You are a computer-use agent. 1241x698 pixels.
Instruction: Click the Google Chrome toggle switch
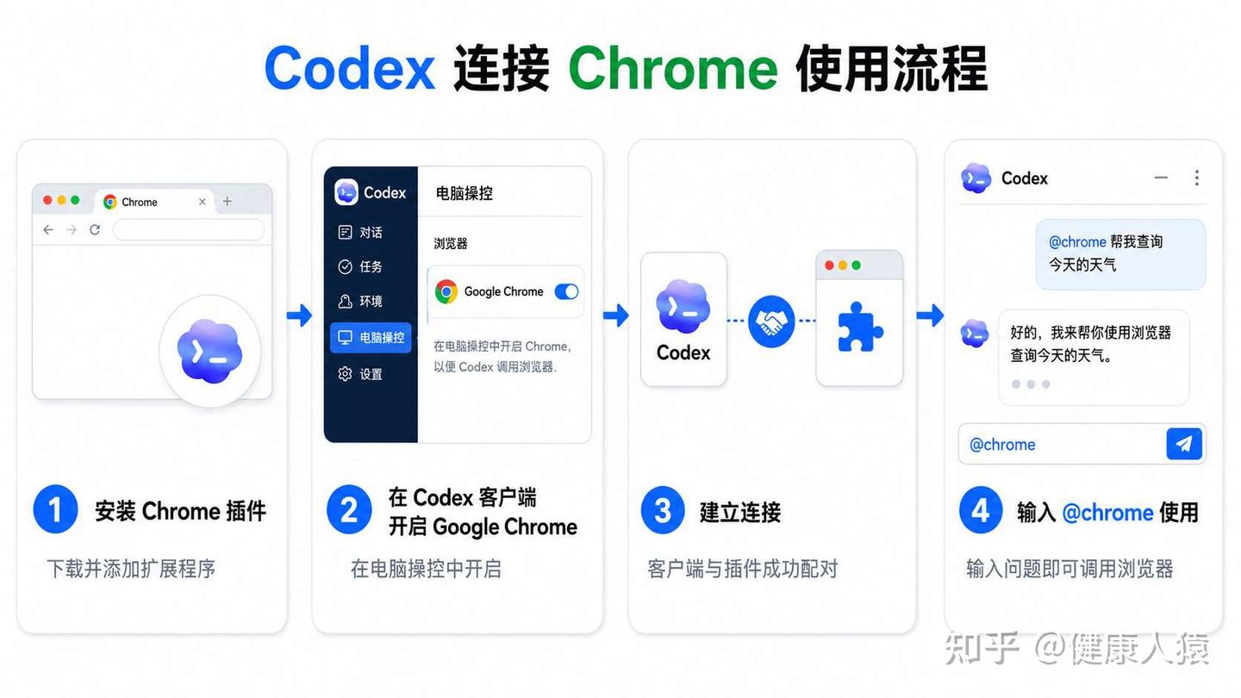(x=566, y=291)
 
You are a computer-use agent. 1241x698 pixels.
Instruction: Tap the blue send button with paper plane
(x=1184, y=444)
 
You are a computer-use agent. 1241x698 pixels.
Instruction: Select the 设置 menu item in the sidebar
(x=360, y=374)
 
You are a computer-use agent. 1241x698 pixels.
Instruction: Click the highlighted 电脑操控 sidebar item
(x=371, y=338)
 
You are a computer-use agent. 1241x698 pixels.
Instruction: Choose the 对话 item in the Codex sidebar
(x=360, y=232)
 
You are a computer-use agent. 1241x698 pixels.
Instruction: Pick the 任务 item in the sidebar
(x=360, y=266)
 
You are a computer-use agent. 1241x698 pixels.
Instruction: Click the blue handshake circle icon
(x=771, y=321)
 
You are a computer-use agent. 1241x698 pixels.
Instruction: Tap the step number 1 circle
(x=55, y=509)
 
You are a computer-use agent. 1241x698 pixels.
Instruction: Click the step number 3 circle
(x=663, y=510)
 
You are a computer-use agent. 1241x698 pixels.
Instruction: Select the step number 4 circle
(x=981, y=510)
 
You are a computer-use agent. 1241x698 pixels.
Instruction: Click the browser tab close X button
(x=203, y=202)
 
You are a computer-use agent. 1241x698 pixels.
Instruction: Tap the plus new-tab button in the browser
(x=228, y=201)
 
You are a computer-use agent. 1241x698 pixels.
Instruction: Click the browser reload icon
(x=95, y=229)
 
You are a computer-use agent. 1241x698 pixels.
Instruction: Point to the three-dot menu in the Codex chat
(x=1197, y=178)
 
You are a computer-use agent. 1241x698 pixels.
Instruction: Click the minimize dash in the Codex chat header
(x=1161, y=178)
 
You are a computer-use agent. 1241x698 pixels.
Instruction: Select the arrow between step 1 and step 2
(x=299, y=315)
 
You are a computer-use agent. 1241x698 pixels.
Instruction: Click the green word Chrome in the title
(x=673, y=69)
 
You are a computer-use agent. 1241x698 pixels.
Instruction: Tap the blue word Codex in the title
(x=350, y=69)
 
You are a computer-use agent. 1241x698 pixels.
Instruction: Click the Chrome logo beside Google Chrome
(x=446, y=291)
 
